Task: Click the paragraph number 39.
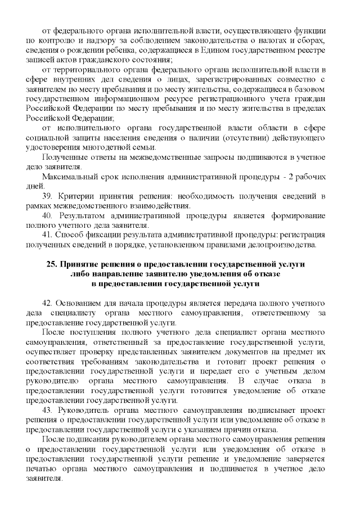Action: [47, 195]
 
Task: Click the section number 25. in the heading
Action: [52, 264]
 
